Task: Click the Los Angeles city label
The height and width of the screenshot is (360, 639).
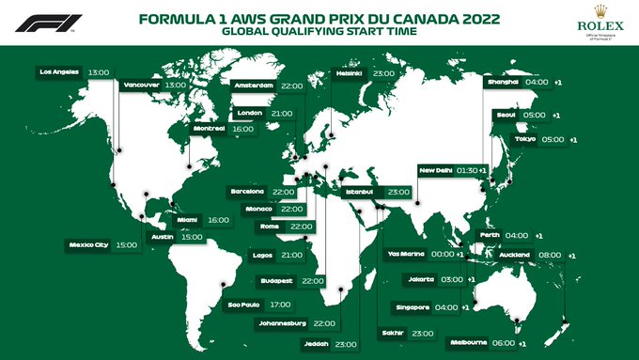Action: (59, 70)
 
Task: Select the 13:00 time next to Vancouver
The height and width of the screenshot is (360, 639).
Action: (176, 84)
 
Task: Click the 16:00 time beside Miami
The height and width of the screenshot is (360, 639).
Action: (218, 220)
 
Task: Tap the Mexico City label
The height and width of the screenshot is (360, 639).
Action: (89, 244)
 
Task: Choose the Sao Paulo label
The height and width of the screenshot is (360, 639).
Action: (244, 305)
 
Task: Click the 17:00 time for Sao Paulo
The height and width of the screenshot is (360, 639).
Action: (280, 305)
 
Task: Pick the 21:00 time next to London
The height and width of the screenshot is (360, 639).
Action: (280, 114)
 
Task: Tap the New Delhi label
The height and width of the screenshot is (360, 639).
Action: (436, 170)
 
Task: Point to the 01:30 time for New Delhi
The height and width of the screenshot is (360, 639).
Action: (467, 170)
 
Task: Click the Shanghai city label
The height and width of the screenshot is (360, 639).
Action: (501, 82)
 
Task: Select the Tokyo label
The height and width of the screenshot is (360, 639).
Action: (524, 140)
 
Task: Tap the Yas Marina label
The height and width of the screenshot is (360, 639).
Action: (406, 254)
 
